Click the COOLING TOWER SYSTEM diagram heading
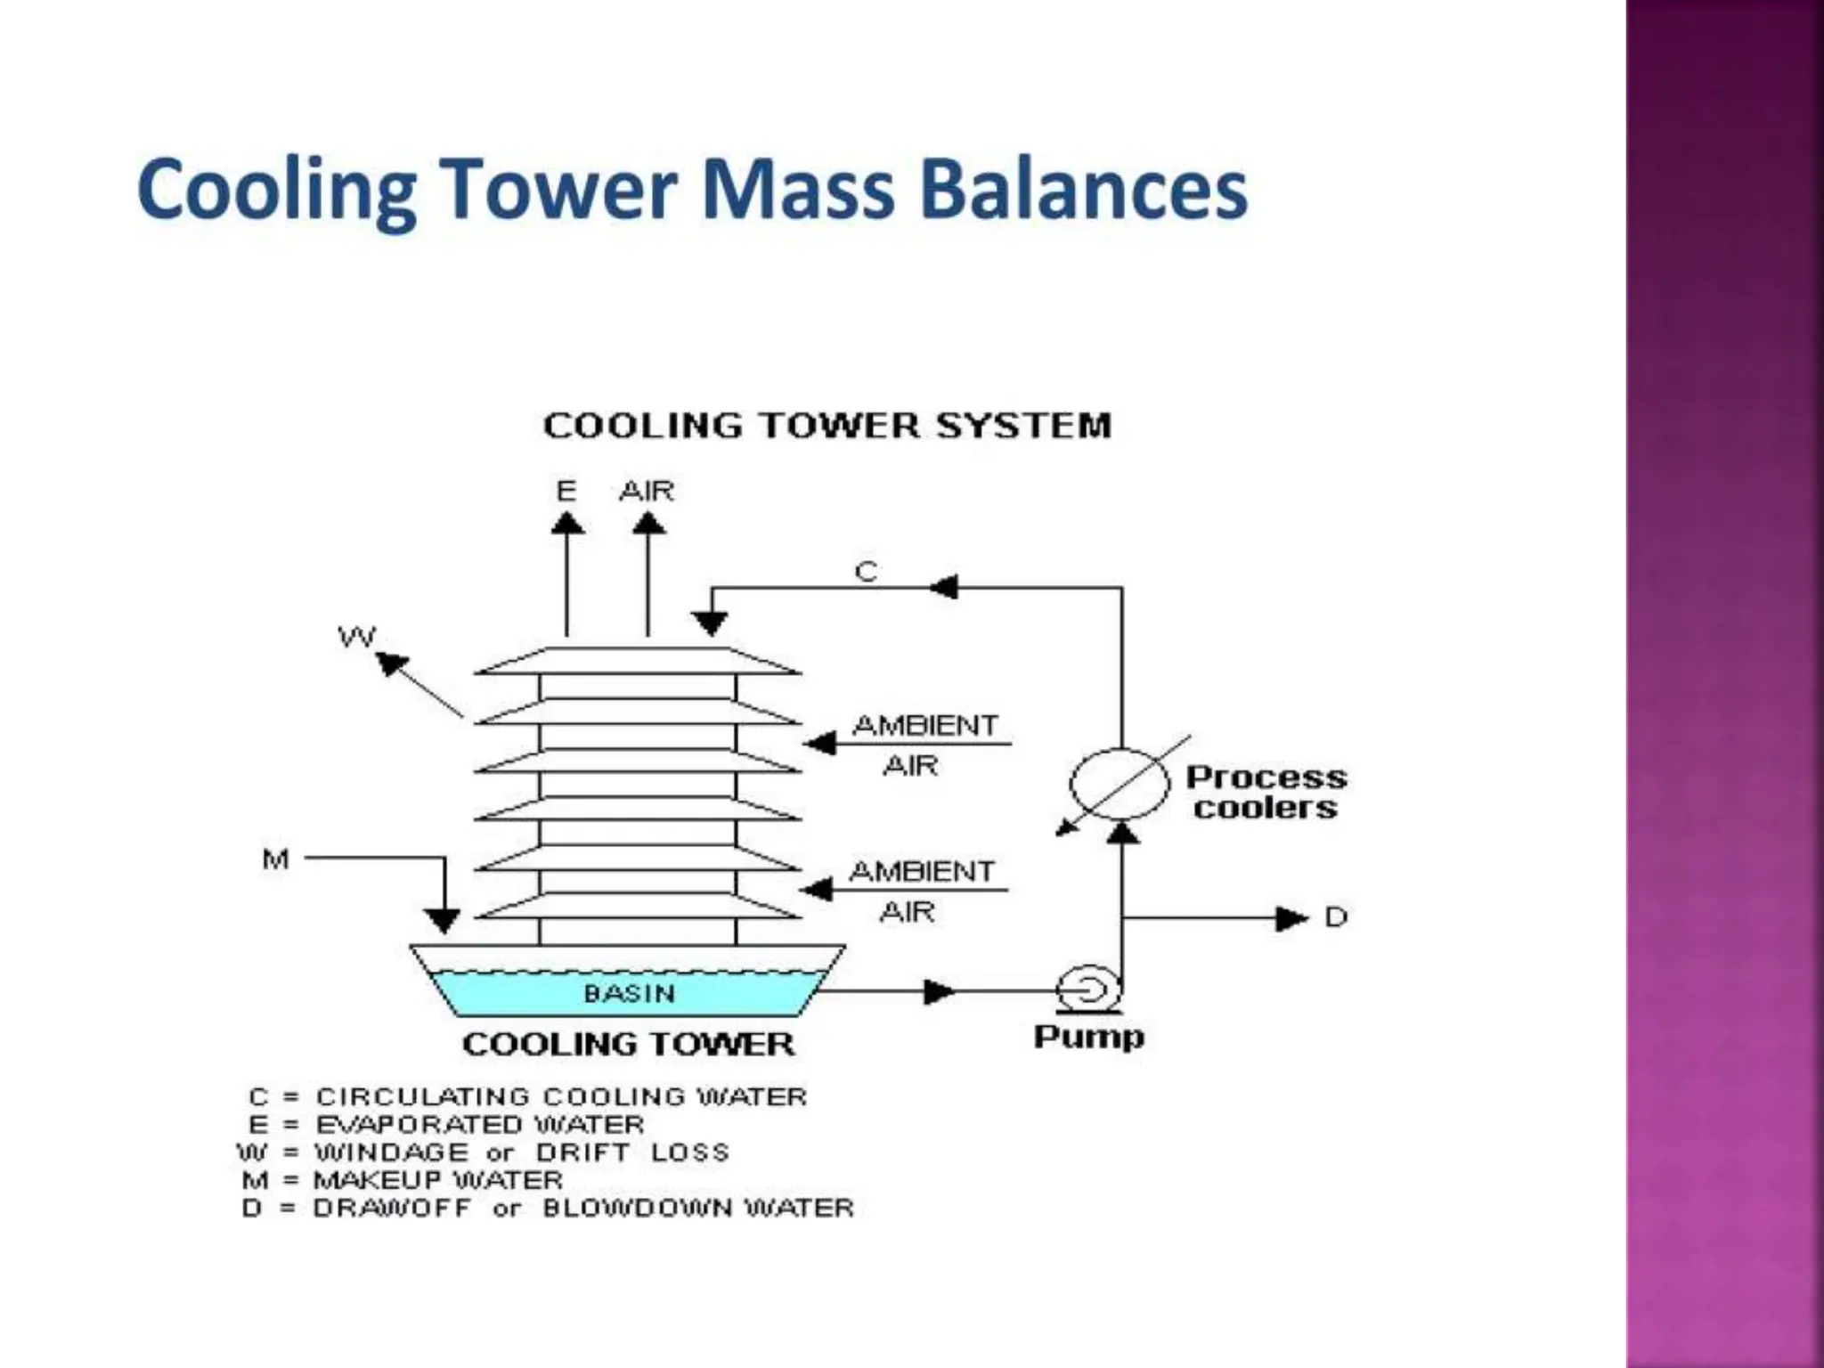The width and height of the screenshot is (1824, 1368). click(827, 426)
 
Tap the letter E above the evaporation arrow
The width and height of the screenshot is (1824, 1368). click(566, 491)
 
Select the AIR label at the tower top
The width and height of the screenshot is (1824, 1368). click(647, 491)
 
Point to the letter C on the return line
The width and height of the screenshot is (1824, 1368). click(866, 571)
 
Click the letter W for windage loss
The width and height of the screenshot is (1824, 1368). click(357, 637)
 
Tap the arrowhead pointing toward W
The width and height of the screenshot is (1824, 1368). click(391, 663)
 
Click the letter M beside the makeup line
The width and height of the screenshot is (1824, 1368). click(275, 859)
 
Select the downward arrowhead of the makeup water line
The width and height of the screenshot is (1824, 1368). click(442, 919)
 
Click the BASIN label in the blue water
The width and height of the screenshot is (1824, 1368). click(629, 993)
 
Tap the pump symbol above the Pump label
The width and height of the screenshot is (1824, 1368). click(1087, 988)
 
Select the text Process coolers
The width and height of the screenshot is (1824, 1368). click(1266, 792)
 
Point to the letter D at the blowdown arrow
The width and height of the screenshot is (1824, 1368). click(1336, 916)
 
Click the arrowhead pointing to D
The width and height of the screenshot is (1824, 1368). click(1291, 918)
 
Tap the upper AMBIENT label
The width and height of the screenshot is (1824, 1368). click(925, 725)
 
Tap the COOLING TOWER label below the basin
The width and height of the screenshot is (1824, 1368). click(628, 1044)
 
